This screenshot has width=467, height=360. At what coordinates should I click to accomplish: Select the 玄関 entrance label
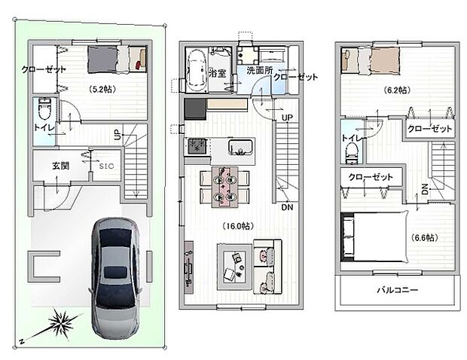(61, 165)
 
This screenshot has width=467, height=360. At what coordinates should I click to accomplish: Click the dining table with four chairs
(224, 186)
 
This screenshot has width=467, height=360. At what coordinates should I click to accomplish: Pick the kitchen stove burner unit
(197, 146)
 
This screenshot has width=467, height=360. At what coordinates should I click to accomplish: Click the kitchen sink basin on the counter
(239, 146)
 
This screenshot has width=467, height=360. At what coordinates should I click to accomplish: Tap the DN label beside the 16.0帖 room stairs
(287, 207)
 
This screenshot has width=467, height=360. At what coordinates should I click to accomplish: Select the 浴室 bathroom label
(218, 74)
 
